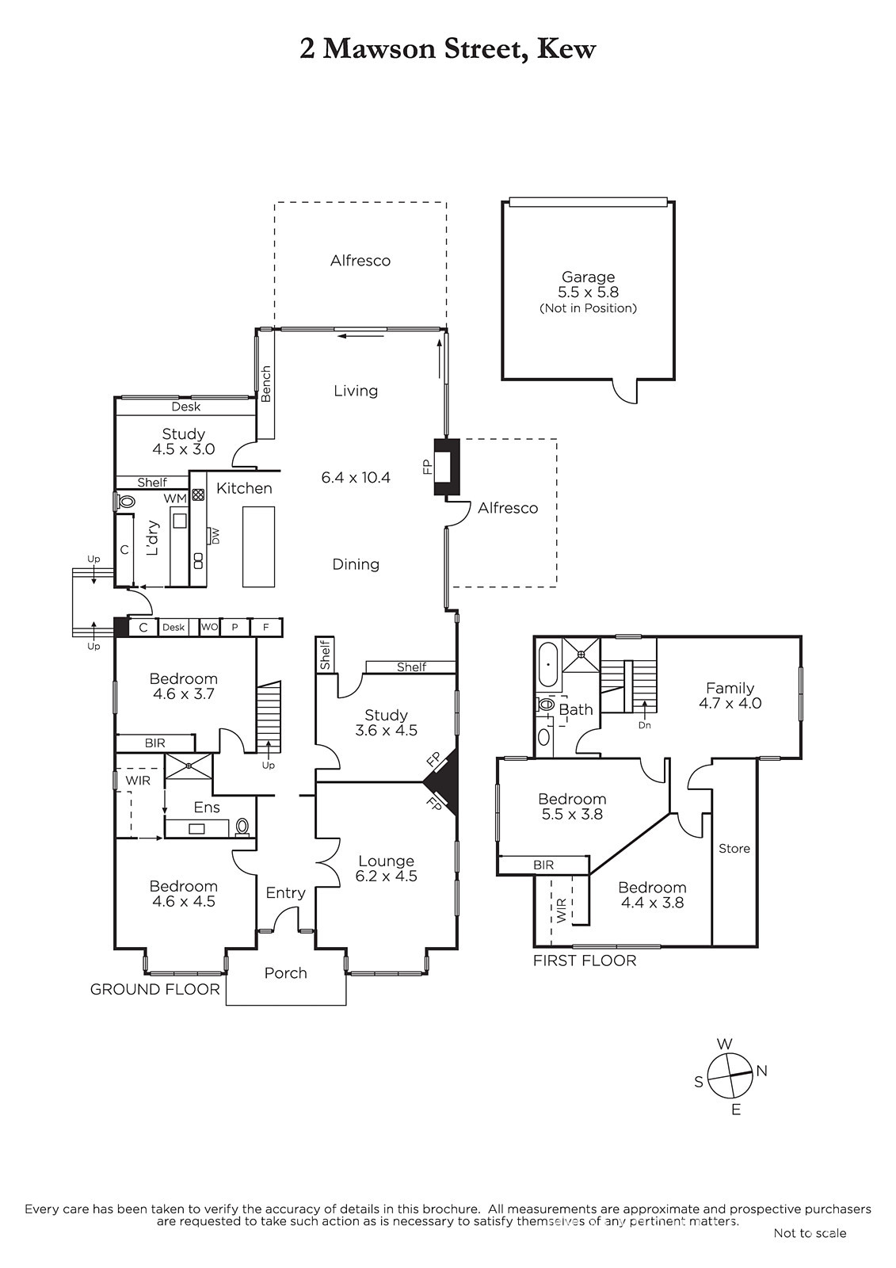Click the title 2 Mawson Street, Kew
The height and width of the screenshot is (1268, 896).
[447, 49]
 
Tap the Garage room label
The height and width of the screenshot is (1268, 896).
[588, 277]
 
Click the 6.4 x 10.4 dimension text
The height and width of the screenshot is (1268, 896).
[356, 477]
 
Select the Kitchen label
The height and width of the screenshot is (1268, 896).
[244, 488]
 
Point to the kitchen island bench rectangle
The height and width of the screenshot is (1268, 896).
[259, 547]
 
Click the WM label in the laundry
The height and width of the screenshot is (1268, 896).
[175, 498]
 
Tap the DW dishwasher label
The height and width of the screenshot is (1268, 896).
[215, 536]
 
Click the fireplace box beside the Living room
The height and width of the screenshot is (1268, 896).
[447, 467]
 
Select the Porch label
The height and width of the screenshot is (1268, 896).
[285, 972]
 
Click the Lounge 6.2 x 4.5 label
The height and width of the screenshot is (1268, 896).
[386, 869]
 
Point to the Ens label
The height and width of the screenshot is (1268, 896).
[207, 808]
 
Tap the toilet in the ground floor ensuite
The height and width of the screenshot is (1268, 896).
[242, 827]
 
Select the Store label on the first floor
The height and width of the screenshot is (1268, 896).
[734, 848]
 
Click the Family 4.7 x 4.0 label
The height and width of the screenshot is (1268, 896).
[730, 696]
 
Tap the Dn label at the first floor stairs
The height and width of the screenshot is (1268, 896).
[645, 724]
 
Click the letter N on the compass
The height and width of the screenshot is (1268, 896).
[762, 1071]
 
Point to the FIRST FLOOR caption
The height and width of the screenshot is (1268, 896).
[585, 961]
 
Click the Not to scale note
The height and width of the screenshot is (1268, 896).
[810, 1249]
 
